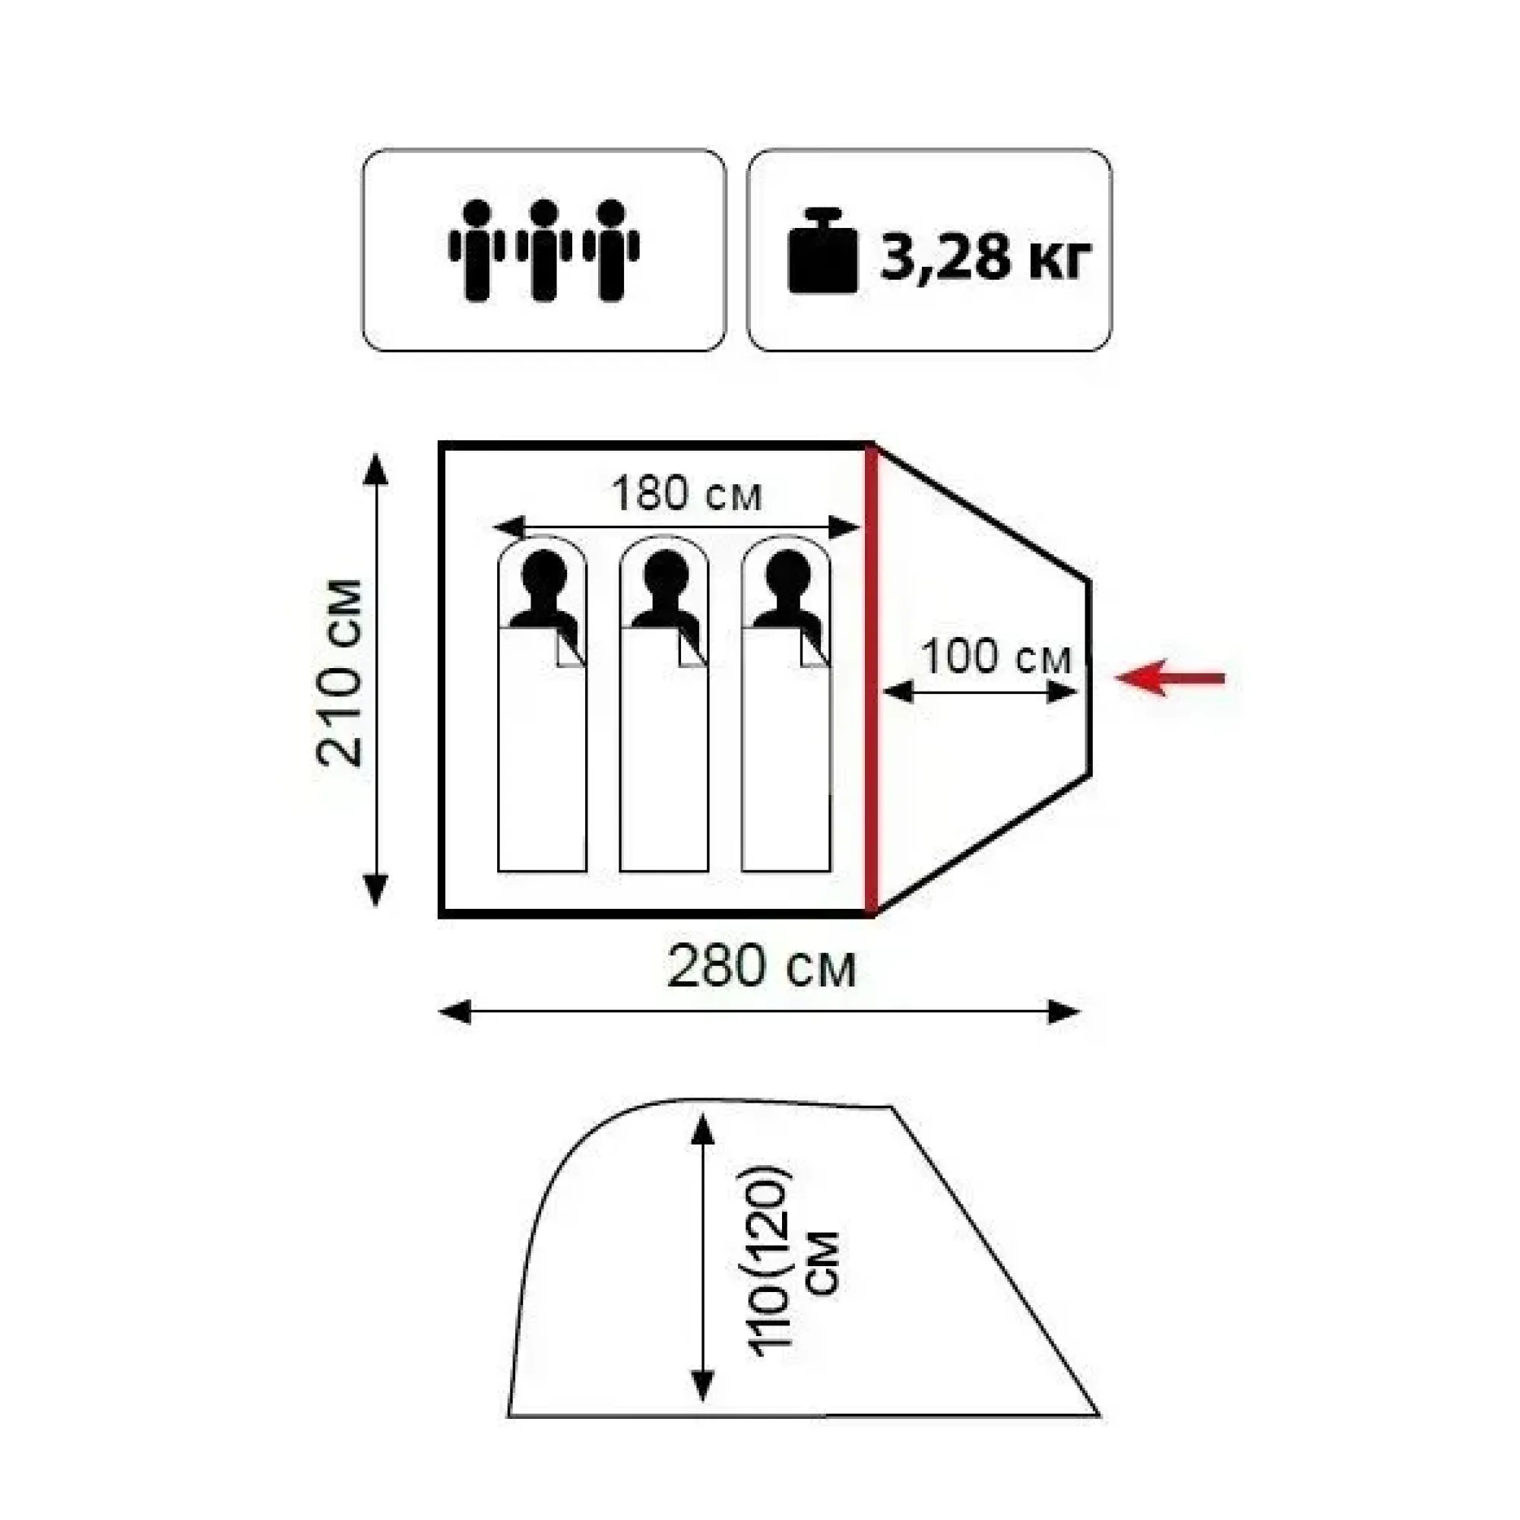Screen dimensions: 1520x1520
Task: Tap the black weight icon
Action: pos(823,250)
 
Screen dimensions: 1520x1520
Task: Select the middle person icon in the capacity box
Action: pos(543,250)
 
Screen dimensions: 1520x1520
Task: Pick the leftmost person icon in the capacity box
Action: pos(477,250)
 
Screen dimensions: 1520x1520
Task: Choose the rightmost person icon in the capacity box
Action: pos(611,250)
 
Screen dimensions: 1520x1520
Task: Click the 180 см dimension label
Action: pos(687,494)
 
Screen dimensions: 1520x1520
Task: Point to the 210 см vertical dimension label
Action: pos(340,673)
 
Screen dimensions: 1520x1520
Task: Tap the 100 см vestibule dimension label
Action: pos(996,656)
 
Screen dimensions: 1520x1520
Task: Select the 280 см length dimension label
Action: pos(761,967)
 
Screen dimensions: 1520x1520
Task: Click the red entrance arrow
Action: pos(1170,677)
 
